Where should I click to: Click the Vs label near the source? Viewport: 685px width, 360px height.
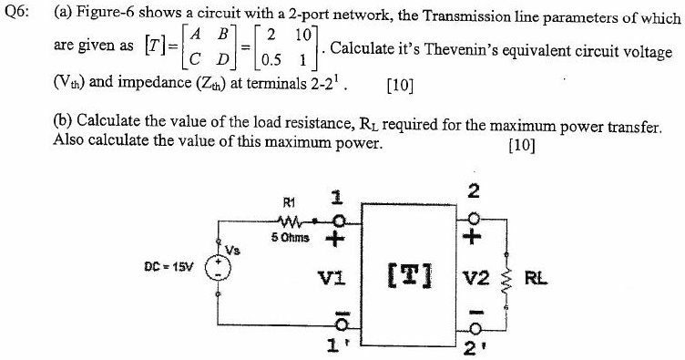tap(233, 248)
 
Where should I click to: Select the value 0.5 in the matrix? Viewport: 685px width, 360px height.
tap(270, 61)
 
